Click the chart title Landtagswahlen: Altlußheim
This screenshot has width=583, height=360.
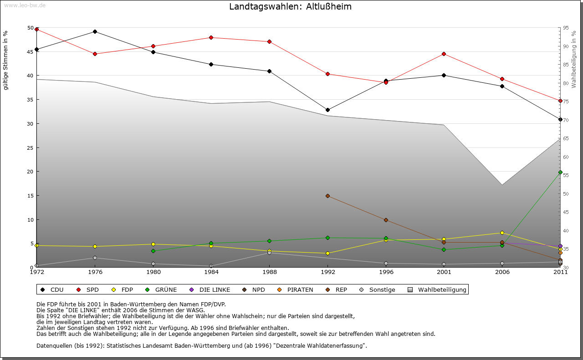point(290,7)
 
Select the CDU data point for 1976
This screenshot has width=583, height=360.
point(95,32)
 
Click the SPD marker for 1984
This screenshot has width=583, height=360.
point(211,38)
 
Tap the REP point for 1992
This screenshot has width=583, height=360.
point(327,196)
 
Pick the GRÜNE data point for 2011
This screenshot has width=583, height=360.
point(560,172)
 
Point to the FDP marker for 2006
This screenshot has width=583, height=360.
point(502,233)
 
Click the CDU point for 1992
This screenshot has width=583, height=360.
point(327,110)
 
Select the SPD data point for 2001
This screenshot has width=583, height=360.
point(444,54)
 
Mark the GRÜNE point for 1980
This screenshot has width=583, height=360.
point(153,251)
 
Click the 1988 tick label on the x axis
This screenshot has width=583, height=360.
point(269,273)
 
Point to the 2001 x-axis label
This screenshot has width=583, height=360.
point(444,273)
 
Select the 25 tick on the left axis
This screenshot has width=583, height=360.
point(31,148)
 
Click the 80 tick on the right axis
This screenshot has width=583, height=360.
point(566,83)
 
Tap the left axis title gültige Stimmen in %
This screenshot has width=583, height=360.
point(6,61)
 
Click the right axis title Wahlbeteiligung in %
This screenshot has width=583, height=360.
point(574,59)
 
